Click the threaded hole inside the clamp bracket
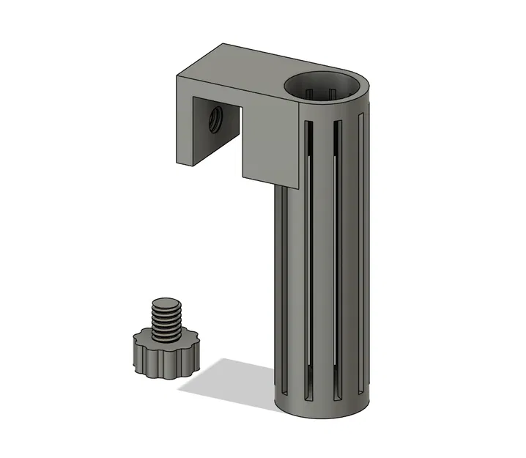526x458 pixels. (x=216, y=118)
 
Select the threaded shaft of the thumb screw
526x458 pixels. (x=166, y=322)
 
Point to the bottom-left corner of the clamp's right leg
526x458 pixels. (x=242, y=177)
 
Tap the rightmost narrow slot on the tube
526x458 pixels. (x=361, y=249)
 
